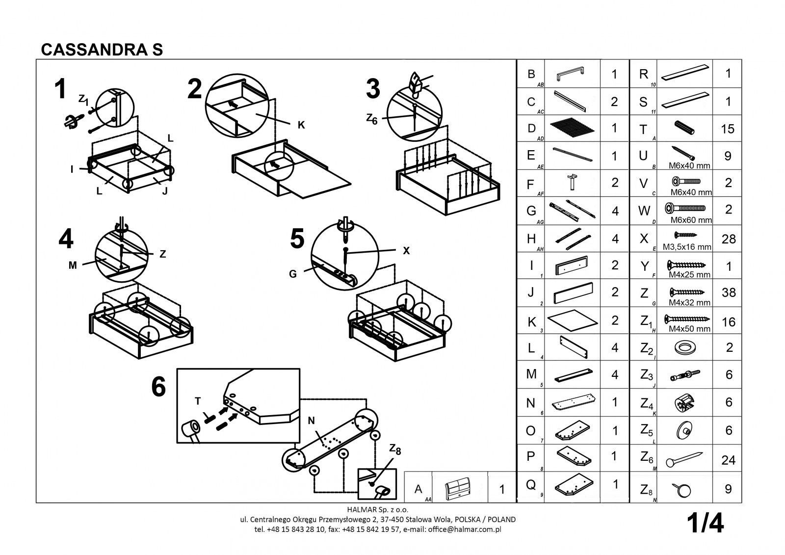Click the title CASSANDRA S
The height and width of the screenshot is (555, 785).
[102, 49]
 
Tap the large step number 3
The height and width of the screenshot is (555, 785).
[373, 90]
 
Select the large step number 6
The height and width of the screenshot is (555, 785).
[158, 388]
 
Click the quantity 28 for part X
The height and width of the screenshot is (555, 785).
[729, 239]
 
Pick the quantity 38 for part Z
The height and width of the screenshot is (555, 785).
[729, 293]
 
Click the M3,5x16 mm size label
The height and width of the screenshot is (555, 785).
[687, 247]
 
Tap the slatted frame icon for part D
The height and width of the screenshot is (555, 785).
[573, 129]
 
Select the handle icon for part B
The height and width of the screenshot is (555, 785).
[571, 74]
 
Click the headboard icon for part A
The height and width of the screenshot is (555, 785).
[459, 489]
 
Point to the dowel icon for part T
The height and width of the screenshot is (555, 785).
[685, 128]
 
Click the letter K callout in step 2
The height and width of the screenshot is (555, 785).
[302, 125]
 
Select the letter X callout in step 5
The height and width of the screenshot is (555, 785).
[406, 250]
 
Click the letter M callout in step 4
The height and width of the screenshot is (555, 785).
[73, 265]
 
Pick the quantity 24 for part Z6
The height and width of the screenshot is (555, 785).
[729, 461]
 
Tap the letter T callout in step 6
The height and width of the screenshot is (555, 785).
[198, 401]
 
